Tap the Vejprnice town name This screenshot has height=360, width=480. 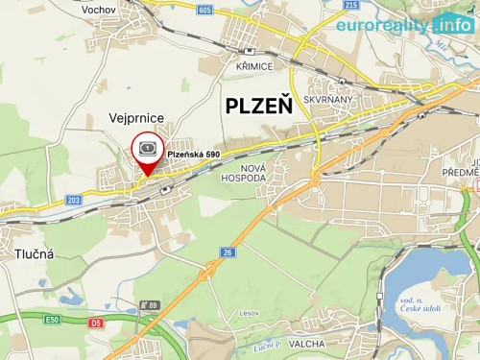click(135, 117)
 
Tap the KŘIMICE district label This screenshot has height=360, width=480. click(254, 65)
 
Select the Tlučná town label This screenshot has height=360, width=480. click(35, 254)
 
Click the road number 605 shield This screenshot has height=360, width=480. click(204, 9)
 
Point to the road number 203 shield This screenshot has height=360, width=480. click(74, 200)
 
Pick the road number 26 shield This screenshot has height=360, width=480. click(227, 252)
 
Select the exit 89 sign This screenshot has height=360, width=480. click(148, 304)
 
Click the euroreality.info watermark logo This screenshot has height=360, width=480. click(403, 24)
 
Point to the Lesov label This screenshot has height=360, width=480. click(251, 312)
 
